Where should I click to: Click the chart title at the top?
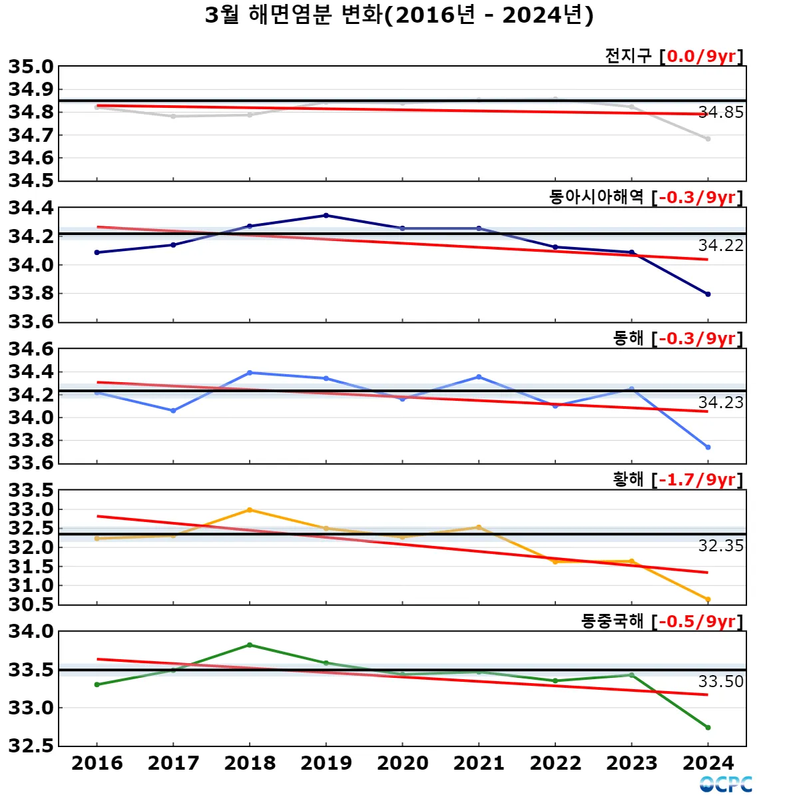coord(400,15)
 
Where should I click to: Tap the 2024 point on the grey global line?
coord(708,138)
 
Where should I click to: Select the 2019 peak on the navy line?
coord(326,215)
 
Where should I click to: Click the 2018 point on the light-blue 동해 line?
coord(250,373)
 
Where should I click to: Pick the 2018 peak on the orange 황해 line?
coord(250,510)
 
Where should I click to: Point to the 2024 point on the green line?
coord(708,728)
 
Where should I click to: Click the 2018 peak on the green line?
coord(250,645)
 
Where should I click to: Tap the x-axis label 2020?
coord(402,763)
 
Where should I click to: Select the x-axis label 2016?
coord(97,763)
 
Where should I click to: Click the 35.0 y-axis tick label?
coord(31,67)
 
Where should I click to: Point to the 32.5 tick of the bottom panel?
coord(31,746)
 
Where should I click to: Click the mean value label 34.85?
coord(720,113)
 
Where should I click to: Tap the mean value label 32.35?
coord(720,546)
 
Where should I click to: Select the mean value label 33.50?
coord(720,682)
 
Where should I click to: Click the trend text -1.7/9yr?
coord(697,480)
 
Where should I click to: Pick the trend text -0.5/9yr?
coord(697,621)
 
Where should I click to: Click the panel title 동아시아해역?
coord(596,197)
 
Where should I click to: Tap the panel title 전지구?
coord(628,56)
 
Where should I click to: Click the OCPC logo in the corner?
coord(726,784)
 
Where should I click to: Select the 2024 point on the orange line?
coord(708,599)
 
